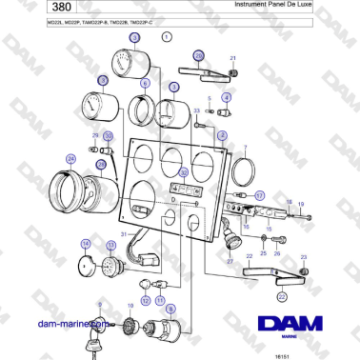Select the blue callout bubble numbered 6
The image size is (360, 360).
click(x=145, y=84)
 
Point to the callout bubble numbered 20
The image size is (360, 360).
click(x=198, y=57)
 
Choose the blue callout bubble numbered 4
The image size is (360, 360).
click(x=227, y=97)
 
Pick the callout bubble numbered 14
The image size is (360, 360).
click(x=86, y=245)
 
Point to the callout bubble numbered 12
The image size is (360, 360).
click(x=145, y=300)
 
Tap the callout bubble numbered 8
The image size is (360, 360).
click(x=170, y=310)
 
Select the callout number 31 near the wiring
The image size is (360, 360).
click(x=123, y=233)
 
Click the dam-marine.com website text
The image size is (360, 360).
click(x=68, y=323)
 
